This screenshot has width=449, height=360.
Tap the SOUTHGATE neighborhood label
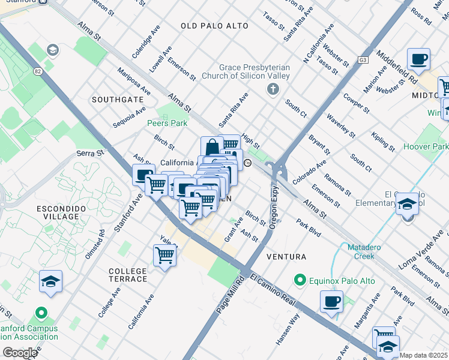point(118,99)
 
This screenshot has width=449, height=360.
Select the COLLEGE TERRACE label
point(128,275)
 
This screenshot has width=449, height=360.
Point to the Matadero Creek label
point(361,251)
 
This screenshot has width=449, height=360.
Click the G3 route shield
point(363,60)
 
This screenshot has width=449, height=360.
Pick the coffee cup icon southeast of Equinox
point(331,301)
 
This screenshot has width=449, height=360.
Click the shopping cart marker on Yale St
point(164,256)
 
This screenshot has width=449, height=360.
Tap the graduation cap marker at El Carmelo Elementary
point(407,205)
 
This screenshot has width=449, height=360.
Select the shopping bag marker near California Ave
point(212,148)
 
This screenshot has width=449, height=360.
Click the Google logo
point(20,353)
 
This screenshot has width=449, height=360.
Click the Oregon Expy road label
point(273,211)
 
